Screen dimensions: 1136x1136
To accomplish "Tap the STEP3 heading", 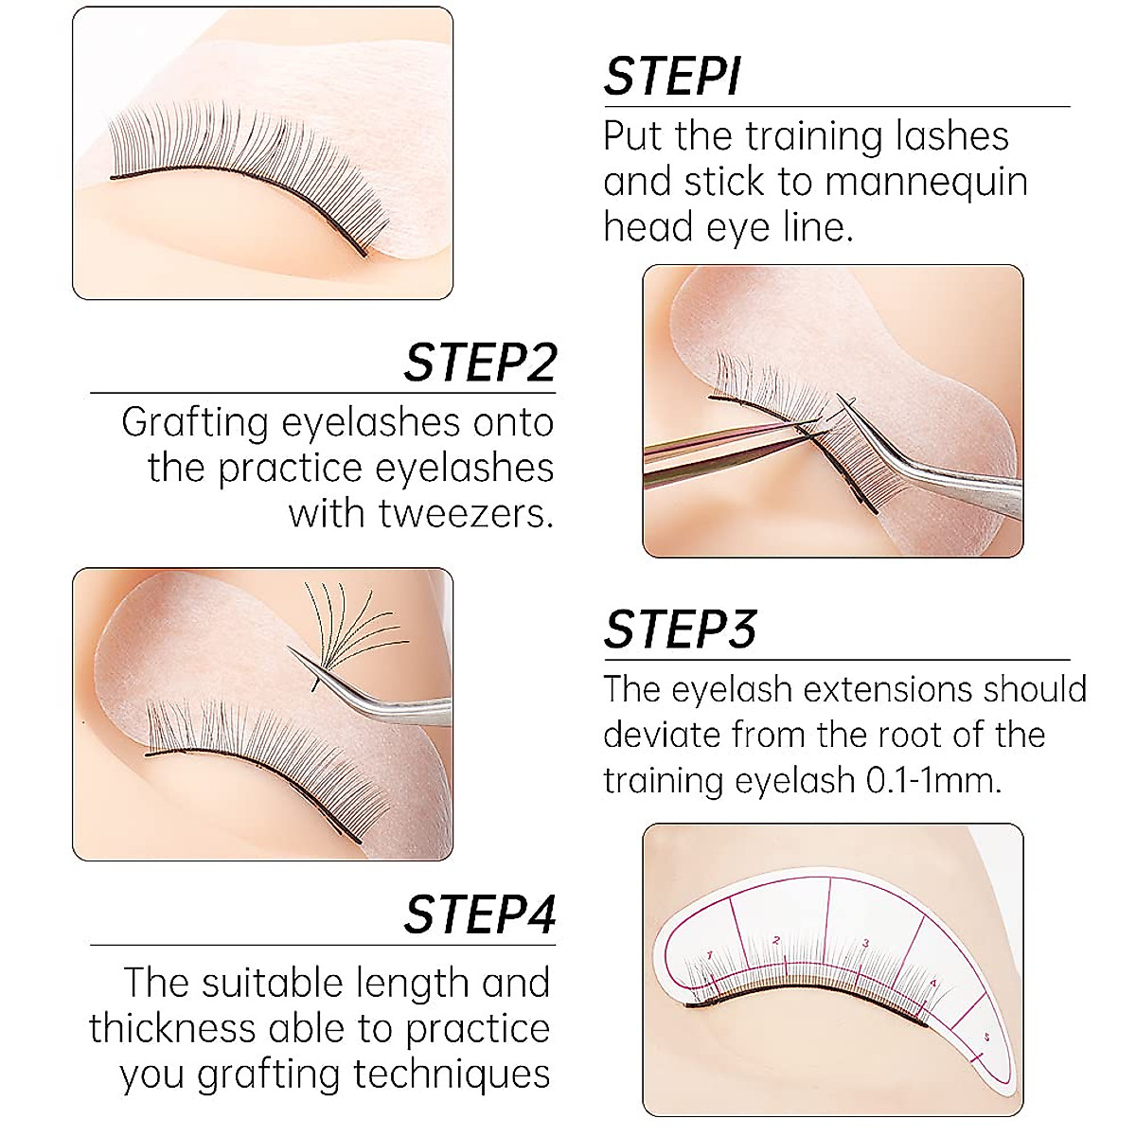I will (x=680, y=630).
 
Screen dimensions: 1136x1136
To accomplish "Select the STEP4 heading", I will (x=480, y=914).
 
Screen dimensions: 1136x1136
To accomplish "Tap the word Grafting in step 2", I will (x=195, y=423).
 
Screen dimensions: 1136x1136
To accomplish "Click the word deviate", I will (x=663, y=735).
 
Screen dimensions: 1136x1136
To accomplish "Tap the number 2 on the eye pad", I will (x=775, y=940).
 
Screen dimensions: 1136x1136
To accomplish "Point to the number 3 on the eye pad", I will (x=866, y=943).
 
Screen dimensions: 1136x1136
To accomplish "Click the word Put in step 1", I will (x=633, y=136).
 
